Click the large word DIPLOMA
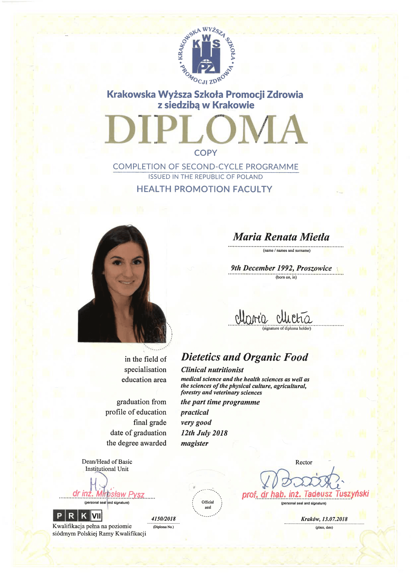pyautogui.click(x=206, y=129)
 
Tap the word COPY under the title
pyautogui.click(x=205, y=153)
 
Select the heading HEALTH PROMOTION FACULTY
pyautogui.click(x=204, y=189)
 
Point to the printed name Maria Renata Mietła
pyautogui.click(x=281, y=237)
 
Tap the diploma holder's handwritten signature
pyautogui.click(x=273, y=318)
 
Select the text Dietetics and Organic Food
pyautogui.click(x=244, y=357)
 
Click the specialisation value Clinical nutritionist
pyautogui.click(x=212, y=370)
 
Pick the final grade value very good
pyautogui.click(x=196, y=422)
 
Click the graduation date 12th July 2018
pyautogui.click(x=204, y=433)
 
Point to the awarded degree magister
pyautogui.click(x=194, y=443)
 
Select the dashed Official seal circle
pyautogui.click(x=207, y=503)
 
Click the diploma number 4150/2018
pyautogui.click(x=164, y=519)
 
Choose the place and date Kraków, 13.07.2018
pyautogui.click(x=324, y=519)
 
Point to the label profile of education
pyautogui.click(x=136, y=412)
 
